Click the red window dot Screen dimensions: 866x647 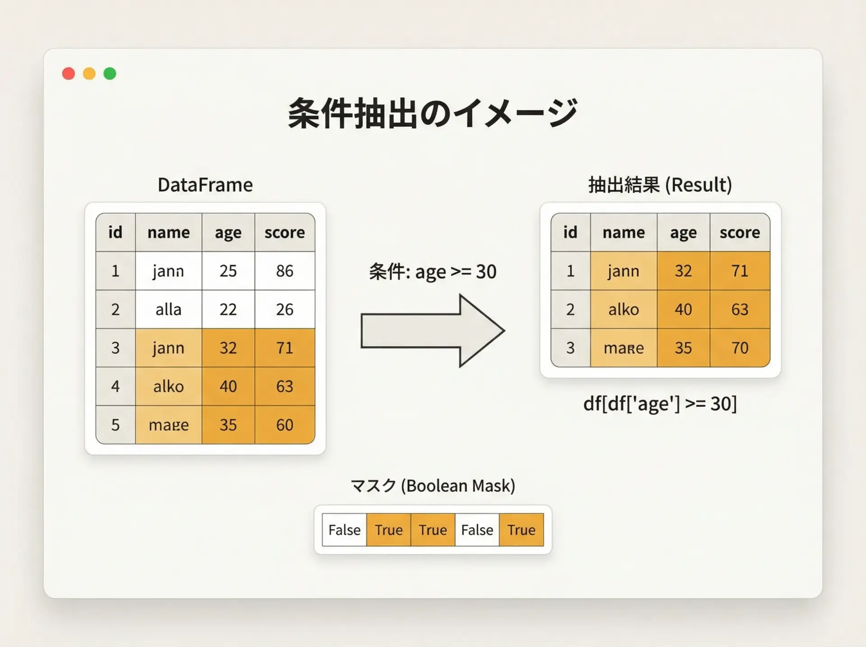coord(69,74)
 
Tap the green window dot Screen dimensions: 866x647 coord(110,74)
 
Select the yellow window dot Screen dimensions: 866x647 coord(89,74)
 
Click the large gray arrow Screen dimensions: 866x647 coord(433,331)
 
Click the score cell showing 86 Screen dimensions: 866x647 coord(285,271)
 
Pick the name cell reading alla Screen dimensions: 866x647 coord(169,309)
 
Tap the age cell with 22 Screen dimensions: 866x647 coord(228,309)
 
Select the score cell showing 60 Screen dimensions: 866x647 coord(285,425)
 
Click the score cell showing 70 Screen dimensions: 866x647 coord(740,347)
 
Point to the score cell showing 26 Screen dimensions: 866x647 coord(285,309)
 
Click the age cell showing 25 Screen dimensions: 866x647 coord(228,271)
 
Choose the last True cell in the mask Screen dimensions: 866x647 coord(521,530)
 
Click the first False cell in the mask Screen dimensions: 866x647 coord(345,530)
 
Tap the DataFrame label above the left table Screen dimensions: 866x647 coord(205,185)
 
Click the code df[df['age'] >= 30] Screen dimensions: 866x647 coord(660,403)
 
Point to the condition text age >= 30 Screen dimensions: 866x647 coord(456,272)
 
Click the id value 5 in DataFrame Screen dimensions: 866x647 coord(115,425)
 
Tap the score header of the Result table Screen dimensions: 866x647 coord(740,232)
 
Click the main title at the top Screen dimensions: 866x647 coord(433,113)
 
